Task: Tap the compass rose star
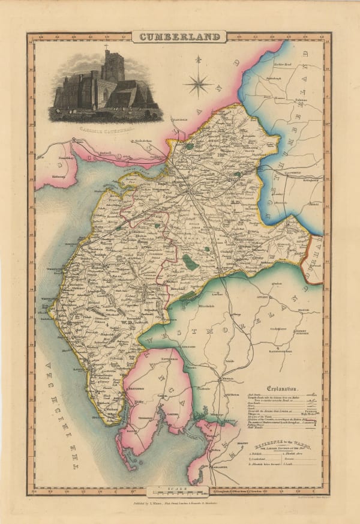[x=197, y=83]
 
